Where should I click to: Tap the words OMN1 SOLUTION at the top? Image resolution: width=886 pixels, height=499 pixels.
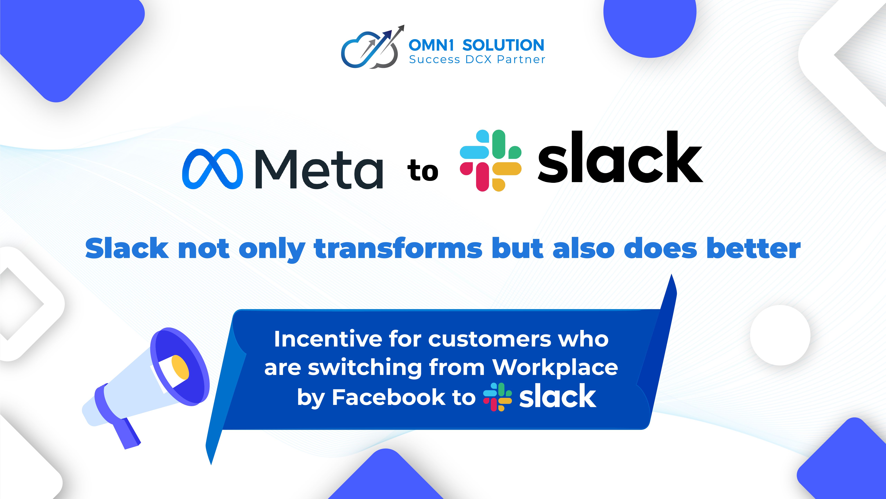(476, 45)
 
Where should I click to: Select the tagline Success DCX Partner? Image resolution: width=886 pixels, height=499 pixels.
(477, 60)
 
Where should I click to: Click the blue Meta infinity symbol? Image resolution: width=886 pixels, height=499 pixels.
(212, 169)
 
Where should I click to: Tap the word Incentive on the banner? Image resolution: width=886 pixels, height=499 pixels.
(328, 339)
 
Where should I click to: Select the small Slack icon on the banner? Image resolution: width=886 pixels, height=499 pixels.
(497, 397)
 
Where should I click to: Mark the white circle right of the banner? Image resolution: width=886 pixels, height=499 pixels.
(780, 335)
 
